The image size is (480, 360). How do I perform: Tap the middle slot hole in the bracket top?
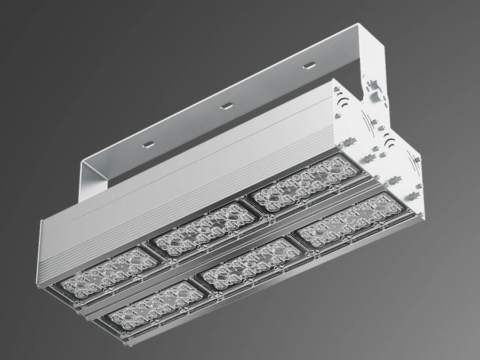[227, 105]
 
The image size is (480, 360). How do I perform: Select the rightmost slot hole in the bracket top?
[308, 66]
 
